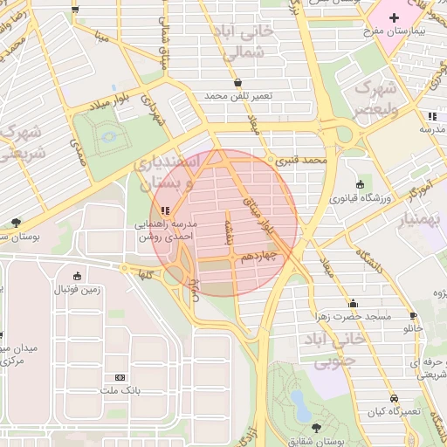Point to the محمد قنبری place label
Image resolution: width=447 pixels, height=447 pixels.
300,161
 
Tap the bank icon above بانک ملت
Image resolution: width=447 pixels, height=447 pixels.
120,377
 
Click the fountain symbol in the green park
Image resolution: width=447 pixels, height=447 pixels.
108,136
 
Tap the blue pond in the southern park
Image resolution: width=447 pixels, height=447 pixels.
299,403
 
